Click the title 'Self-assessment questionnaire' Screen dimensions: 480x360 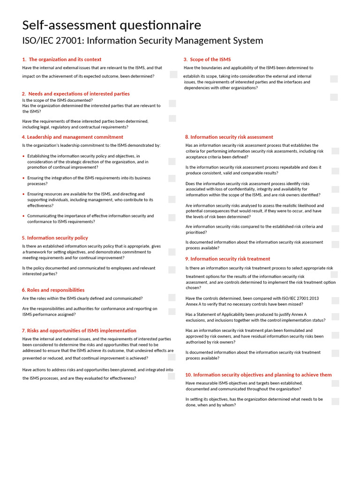[112, 25]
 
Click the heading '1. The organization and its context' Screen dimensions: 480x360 [61, 60]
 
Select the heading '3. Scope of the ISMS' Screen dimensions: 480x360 [207, 60]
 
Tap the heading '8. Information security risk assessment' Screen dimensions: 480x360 [229, 137]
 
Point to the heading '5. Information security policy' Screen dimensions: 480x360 [55, 238]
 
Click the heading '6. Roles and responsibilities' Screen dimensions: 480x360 [53, 290]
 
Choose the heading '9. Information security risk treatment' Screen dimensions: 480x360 [227, 259]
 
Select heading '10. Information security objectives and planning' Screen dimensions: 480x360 [258, 375]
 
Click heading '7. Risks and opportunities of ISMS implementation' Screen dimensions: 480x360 [79, 330]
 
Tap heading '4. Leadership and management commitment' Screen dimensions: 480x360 [72, 137]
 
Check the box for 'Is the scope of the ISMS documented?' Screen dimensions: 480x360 [172, 103]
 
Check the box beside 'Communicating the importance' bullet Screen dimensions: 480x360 [172, 217]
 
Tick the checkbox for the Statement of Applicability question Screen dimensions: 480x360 [335, 317]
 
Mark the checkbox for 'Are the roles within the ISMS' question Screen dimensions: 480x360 [172, 298]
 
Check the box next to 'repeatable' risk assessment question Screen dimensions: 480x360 [335, 171]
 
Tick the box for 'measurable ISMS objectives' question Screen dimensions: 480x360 [335, 383]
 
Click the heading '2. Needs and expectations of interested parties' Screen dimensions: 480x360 [75, 94]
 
